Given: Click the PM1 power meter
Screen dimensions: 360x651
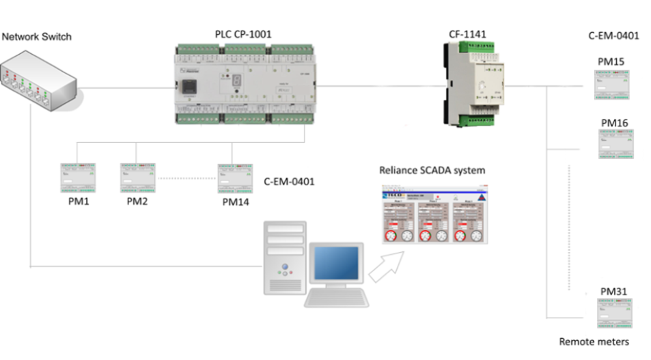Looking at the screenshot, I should pos(77,178).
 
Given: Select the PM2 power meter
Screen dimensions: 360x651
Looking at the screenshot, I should pos(137,178).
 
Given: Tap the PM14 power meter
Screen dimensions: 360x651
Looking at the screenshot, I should pos(235,178).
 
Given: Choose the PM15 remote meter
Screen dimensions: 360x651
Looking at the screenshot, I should pos(611,83).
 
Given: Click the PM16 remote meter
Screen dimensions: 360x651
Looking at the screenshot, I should pos(615,143).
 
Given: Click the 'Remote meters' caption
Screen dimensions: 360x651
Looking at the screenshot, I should pos(594,342).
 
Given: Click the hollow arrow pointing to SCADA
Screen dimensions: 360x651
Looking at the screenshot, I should pos(387,266).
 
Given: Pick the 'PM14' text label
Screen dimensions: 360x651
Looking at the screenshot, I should pos(236,202).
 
